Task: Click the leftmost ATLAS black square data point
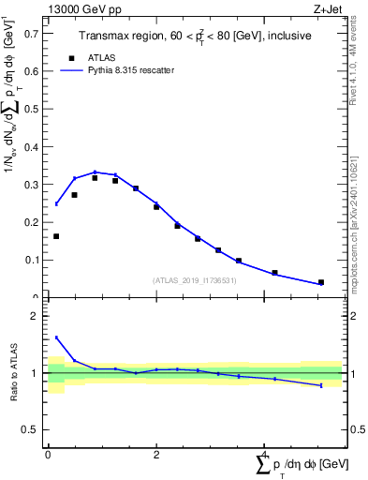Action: click(56, 236)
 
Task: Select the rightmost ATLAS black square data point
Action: click(321, 282)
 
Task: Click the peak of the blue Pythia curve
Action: click(96, 172)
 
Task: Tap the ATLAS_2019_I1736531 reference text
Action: click(195, 280)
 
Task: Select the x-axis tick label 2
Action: click(155, 454)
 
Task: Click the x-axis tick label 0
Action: click(48, 454)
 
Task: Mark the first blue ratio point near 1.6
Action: click(56, 337)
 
